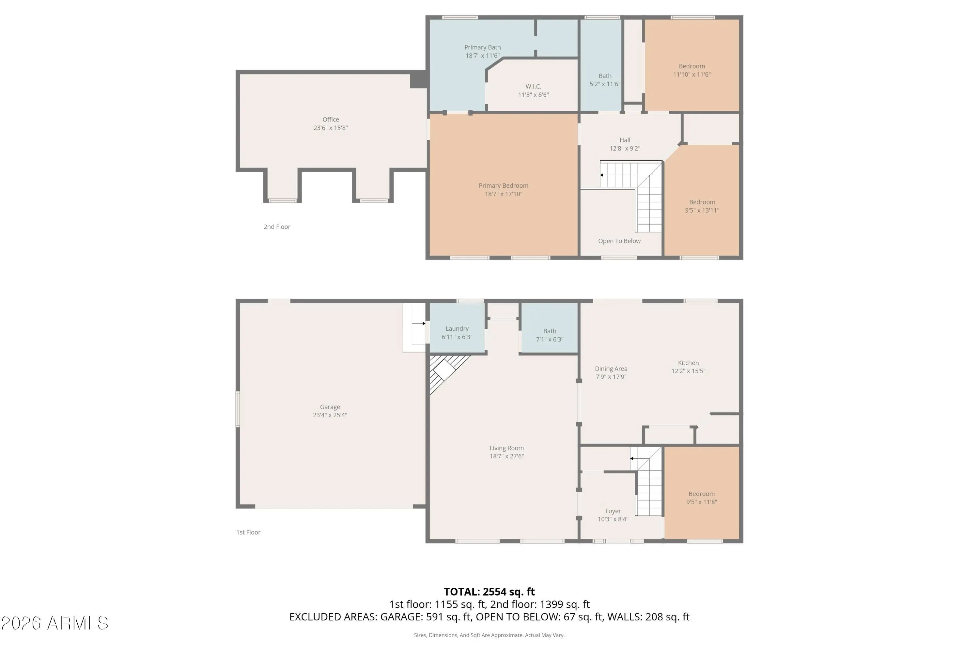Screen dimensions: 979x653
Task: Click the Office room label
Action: [x=331, y=119]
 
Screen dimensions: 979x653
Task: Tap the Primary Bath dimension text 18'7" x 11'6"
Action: [x=482, y=56]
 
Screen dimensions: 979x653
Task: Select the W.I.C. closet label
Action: [x=533, y=87]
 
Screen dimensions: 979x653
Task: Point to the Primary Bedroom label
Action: [x=503, y=186]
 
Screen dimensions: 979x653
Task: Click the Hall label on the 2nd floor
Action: [x=625, y=140]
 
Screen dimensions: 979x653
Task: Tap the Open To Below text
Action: [x=619, y=241]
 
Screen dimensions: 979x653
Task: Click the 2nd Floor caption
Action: [x=277, y=227]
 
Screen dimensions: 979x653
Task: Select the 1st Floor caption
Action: [x=248, y=532]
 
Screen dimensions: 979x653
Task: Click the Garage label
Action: [x=330, y=407]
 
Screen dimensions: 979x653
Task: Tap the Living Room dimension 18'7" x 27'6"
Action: [x=506, y=456]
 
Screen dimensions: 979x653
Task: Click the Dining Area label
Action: [x=611, y=369]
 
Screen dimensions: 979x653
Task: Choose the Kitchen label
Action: [x=689, y=363]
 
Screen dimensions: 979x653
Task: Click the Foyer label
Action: [x=613, y=511]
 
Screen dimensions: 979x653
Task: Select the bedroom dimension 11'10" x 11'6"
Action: [x=692, y=74]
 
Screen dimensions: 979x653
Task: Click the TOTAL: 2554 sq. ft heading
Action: [x=489, y=592]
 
